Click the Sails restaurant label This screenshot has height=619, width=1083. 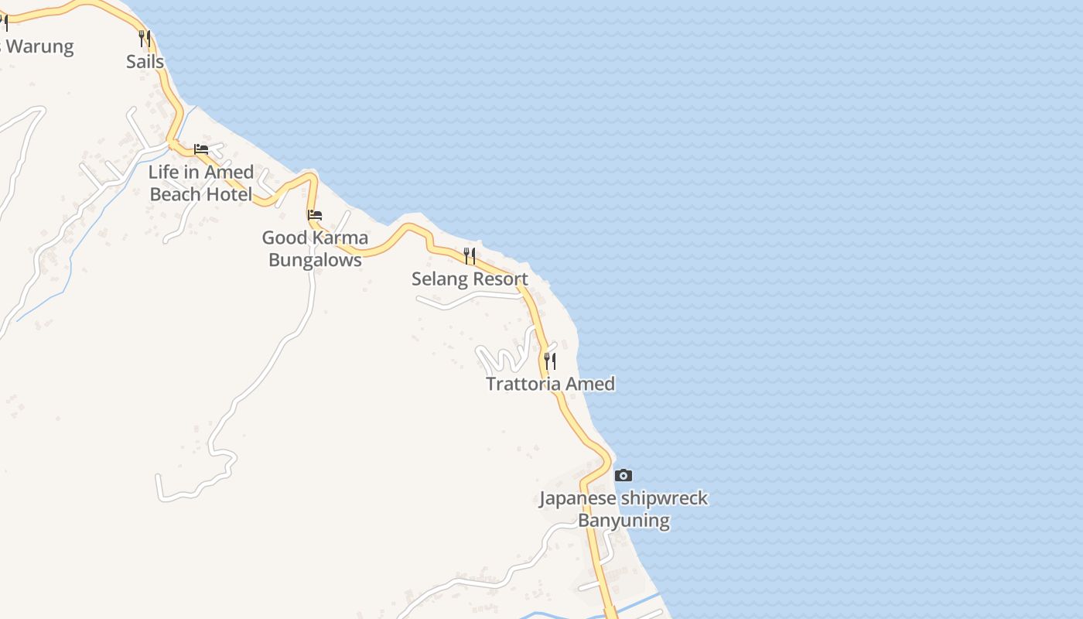click(x=145, y=62)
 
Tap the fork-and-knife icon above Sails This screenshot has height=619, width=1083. click(x=144, y=38)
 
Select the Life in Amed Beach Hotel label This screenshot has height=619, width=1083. click(x=201, y=183)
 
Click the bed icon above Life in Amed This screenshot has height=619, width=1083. click(x=201, y=149)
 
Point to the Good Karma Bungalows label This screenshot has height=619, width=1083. click(x=315, y=248)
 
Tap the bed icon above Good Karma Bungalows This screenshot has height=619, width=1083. click(x=315, y=214)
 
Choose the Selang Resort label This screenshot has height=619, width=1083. click(x=470, y=279)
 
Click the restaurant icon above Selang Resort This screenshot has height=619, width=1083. click(x=470, y=255)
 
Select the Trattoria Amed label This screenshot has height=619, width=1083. click(x=550, y=384)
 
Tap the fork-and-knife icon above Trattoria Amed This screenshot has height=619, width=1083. click(x=550, y=361)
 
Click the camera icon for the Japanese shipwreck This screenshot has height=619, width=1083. click(x=623, y=475)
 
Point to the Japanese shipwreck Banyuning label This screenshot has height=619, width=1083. click(x=623, y=508)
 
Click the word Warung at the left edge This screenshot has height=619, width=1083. click(x=39, y=46)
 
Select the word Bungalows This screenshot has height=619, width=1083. click(x=315, y=260)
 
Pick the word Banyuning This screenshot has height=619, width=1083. click(x=623, y=520)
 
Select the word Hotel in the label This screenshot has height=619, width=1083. click(x=228, y=194)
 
